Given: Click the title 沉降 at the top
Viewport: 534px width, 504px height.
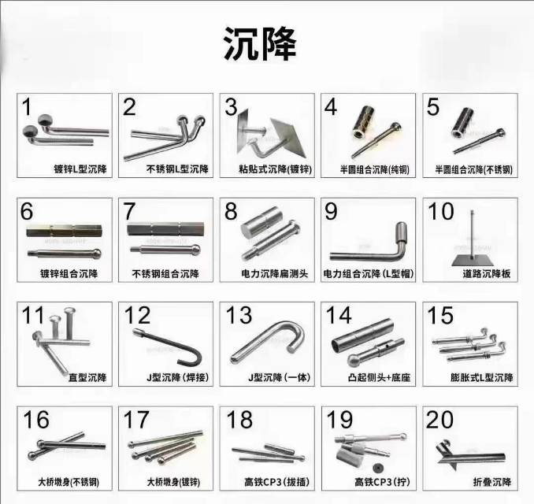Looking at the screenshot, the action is (x=260, y=44).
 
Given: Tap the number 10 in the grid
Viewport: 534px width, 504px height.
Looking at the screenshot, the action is (x=441, y=212).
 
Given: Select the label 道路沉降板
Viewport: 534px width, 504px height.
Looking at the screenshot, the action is (x=486, y=273).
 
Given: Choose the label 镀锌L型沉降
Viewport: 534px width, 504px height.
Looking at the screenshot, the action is (x=80, y=169).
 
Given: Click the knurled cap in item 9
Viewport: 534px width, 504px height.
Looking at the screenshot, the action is (x=402, y=232).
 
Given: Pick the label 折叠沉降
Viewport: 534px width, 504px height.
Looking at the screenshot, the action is (x=492, y=482).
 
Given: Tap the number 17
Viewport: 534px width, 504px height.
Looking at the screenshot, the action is (x=136, y=420).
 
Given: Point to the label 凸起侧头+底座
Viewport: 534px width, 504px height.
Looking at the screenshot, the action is (x=379, y=378).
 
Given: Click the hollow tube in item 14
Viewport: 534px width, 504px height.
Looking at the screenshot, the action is (x=363, y=335).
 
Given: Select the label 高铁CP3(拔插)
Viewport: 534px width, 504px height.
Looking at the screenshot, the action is (x=277, y=482).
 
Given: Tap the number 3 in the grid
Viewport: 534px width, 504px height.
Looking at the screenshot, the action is (x=231, y=107).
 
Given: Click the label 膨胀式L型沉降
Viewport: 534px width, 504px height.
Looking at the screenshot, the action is (x=481, y=378).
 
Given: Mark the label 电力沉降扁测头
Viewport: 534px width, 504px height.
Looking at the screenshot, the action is (x=275, y=273).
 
